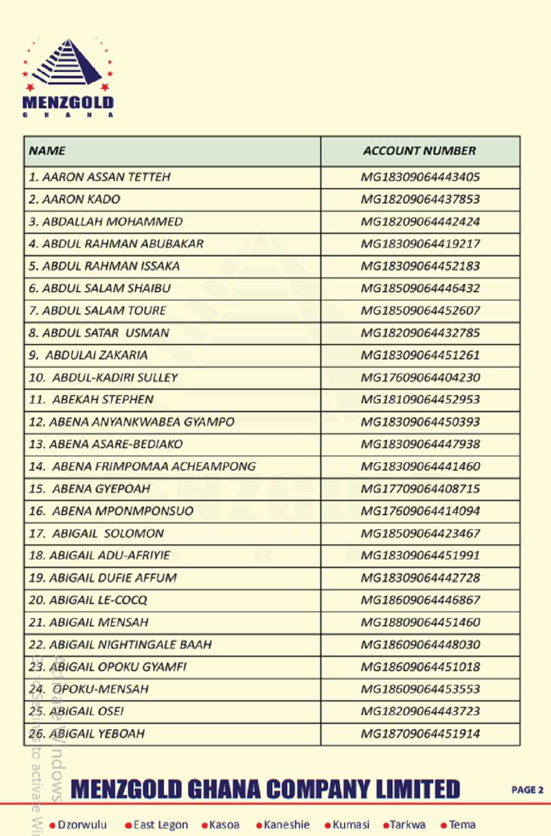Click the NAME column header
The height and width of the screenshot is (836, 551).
(47, 151)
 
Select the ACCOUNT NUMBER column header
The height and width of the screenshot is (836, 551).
(420, 151)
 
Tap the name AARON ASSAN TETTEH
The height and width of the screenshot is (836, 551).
(106, 177)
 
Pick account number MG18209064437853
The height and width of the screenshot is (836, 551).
(420, 199)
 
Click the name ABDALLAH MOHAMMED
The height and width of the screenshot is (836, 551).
(112, 222)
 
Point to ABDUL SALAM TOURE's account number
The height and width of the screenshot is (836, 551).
(420, 311)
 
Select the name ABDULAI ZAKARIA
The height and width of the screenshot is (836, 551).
(96, 355)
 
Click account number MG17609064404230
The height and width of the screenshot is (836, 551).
(420, 378)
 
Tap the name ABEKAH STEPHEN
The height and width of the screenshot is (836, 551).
(103, 400)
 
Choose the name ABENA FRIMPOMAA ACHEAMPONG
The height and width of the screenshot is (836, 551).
(153, 467)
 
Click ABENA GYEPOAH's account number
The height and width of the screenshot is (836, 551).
(420, 489)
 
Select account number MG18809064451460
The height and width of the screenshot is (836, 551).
(420, 622)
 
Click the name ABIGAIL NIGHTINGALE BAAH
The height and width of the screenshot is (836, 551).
(130, 645)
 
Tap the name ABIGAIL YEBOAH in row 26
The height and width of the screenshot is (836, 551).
(97, 734)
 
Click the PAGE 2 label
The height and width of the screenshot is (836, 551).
(527, 790)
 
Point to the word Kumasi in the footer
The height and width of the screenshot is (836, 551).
(351, 825)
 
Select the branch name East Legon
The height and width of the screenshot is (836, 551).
(160, 825)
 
